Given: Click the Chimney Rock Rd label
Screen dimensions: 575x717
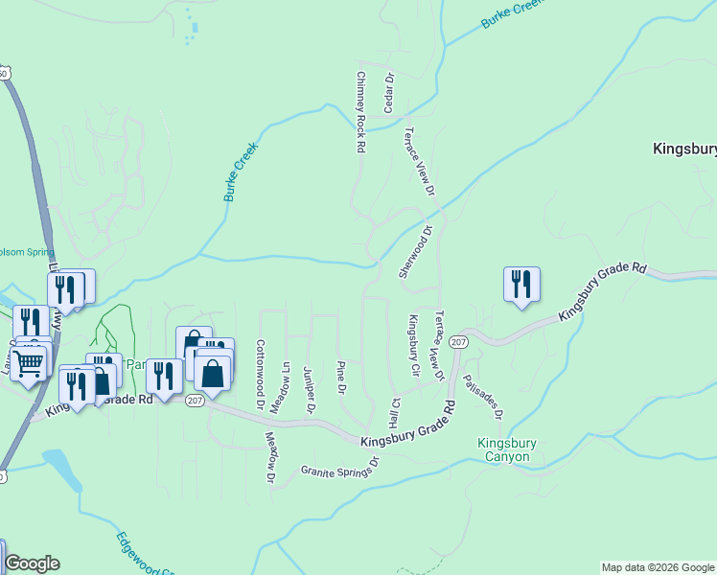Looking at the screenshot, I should (x=361, y=113).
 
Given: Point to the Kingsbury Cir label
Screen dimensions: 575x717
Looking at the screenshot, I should (x=415, y=344).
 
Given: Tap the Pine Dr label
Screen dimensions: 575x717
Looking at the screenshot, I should (x=341, y=377).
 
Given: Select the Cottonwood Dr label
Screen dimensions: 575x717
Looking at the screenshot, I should (x=260, y=374).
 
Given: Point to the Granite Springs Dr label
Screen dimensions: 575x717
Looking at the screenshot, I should (x=340, y=467).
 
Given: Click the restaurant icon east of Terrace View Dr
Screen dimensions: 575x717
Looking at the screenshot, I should (x=521, y=285).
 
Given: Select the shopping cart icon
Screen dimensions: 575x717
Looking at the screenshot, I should (x=28, y=363).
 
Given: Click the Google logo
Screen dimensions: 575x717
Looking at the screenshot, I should (x=32, y=563).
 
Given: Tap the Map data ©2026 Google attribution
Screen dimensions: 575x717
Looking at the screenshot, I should (x=658, y=567).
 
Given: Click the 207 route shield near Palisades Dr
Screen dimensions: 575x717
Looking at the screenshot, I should (x=458, y=342).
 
